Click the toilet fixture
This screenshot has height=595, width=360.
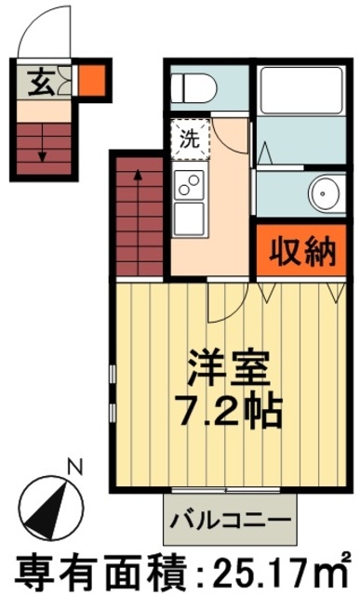point(193,88)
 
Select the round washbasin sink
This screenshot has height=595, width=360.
point(326,193)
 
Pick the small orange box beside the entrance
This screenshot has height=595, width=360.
point(91,79)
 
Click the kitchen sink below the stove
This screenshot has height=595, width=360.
point(189,218)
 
